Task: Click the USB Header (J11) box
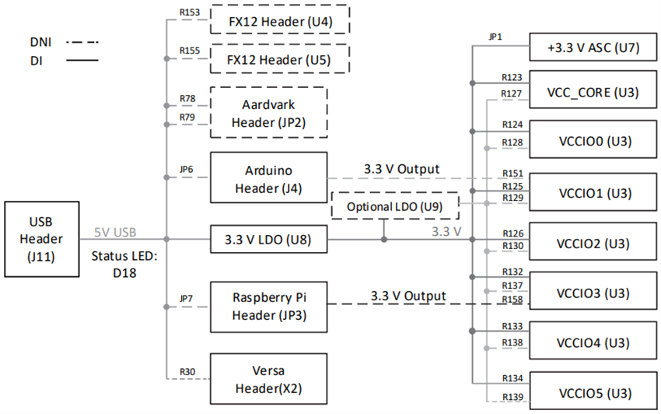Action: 42,240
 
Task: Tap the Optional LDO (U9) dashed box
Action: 395,207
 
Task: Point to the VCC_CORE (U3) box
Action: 593,93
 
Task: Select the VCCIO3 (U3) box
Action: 593,293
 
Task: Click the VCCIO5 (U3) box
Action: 593,393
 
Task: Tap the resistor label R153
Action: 189,13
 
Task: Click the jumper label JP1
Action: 495,37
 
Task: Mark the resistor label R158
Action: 512,300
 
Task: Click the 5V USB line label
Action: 115,232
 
